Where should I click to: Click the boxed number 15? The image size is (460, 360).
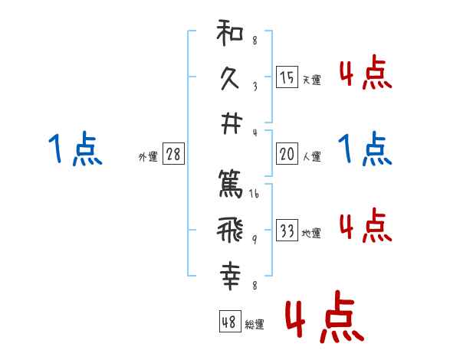pos(287,77)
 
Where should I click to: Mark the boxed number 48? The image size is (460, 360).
pos(229,321)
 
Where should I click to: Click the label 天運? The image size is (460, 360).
pos(311,80)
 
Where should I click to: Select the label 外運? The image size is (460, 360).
pos(148,157)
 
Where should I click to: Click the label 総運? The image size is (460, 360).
pos(255,324)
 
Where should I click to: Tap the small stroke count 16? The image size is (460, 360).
pos(254,195)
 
